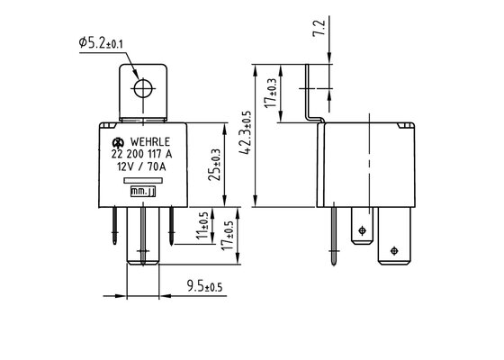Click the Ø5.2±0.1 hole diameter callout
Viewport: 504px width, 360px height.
pos(101,43)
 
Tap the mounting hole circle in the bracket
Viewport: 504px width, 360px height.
pos(143,88)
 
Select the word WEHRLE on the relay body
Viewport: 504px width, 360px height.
pos(149,142)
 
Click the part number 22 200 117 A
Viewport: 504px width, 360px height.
pos(142,154)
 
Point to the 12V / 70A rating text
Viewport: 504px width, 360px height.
pos(141,166)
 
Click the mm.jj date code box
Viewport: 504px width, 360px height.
pos(143,192)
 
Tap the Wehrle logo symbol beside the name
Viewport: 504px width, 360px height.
pos(118,142)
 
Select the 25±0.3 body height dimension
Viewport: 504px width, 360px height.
pos(215,165)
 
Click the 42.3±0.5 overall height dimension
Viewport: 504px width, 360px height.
pos(246,132)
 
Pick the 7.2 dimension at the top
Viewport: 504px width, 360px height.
pos(319,28)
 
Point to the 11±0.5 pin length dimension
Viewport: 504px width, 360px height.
pos(202,225)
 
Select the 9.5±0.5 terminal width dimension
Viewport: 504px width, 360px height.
pos(205,286)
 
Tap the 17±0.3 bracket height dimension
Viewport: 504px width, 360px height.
pos(270,93)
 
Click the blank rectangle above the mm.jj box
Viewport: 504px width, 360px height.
pos(143,181)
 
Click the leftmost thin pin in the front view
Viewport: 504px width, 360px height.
pos(115,226)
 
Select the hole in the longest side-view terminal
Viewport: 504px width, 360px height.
pos(394,251)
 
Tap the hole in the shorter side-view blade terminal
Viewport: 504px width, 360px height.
pos(362,230)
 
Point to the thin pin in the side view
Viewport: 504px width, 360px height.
pos(334,236)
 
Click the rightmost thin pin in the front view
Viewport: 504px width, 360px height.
pos(171,226)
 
